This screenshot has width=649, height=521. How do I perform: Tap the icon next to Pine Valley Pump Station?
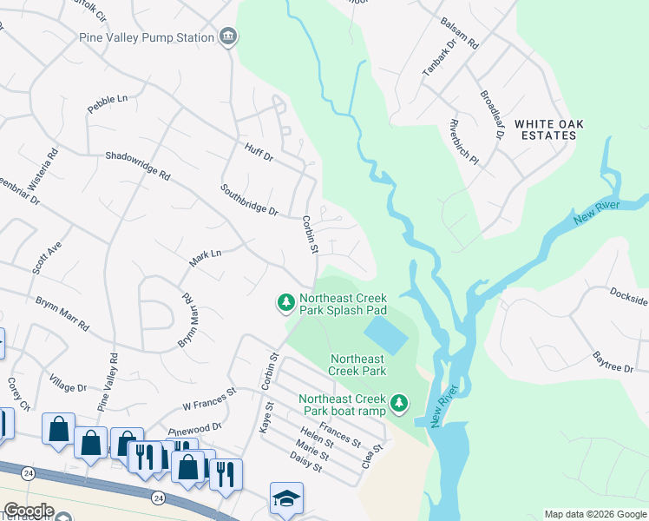pos(229,36)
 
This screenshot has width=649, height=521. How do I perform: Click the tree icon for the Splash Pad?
pos(285,302)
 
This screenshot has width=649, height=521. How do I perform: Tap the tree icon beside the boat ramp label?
pos(398,403)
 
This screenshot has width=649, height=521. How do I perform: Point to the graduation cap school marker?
pos(286,498)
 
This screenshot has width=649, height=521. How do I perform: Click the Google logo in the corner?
pos(29,511)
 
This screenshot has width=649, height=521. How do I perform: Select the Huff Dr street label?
pos(259,153)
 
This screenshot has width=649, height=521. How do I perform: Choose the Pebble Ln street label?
pos(108,103)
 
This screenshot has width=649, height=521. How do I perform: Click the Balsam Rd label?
pos(462,35)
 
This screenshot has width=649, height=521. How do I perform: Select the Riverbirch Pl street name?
pos(463,142)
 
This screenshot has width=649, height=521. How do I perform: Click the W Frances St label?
pos(209,399)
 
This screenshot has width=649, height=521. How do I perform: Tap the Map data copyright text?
pos(595,514)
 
